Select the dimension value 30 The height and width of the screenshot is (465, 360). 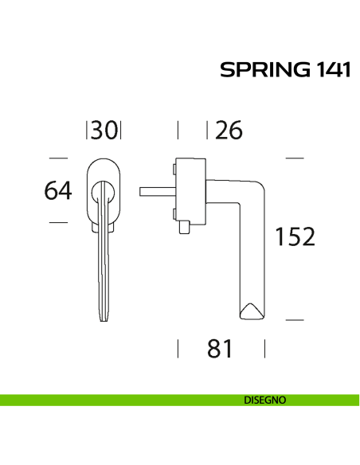[x=104, y=130]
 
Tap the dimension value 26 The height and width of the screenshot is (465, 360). [x=228, y=130]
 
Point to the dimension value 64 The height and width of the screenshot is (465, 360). [x=58, y=190]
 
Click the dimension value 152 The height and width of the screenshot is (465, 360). [x=295, y=236]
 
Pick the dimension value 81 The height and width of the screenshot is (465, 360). [x=219, y=348]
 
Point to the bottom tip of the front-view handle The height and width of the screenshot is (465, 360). [x=104, y=320]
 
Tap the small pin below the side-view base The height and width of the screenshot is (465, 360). [x=186, y=229]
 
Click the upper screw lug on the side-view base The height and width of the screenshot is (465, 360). [x=173, y=168]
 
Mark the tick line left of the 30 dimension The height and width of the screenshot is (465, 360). [x=87, y=130]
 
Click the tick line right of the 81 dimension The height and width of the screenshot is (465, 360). [x=264, y=348]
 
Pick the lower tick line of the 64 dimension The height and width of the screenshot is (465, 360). [x=58, y=223]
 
